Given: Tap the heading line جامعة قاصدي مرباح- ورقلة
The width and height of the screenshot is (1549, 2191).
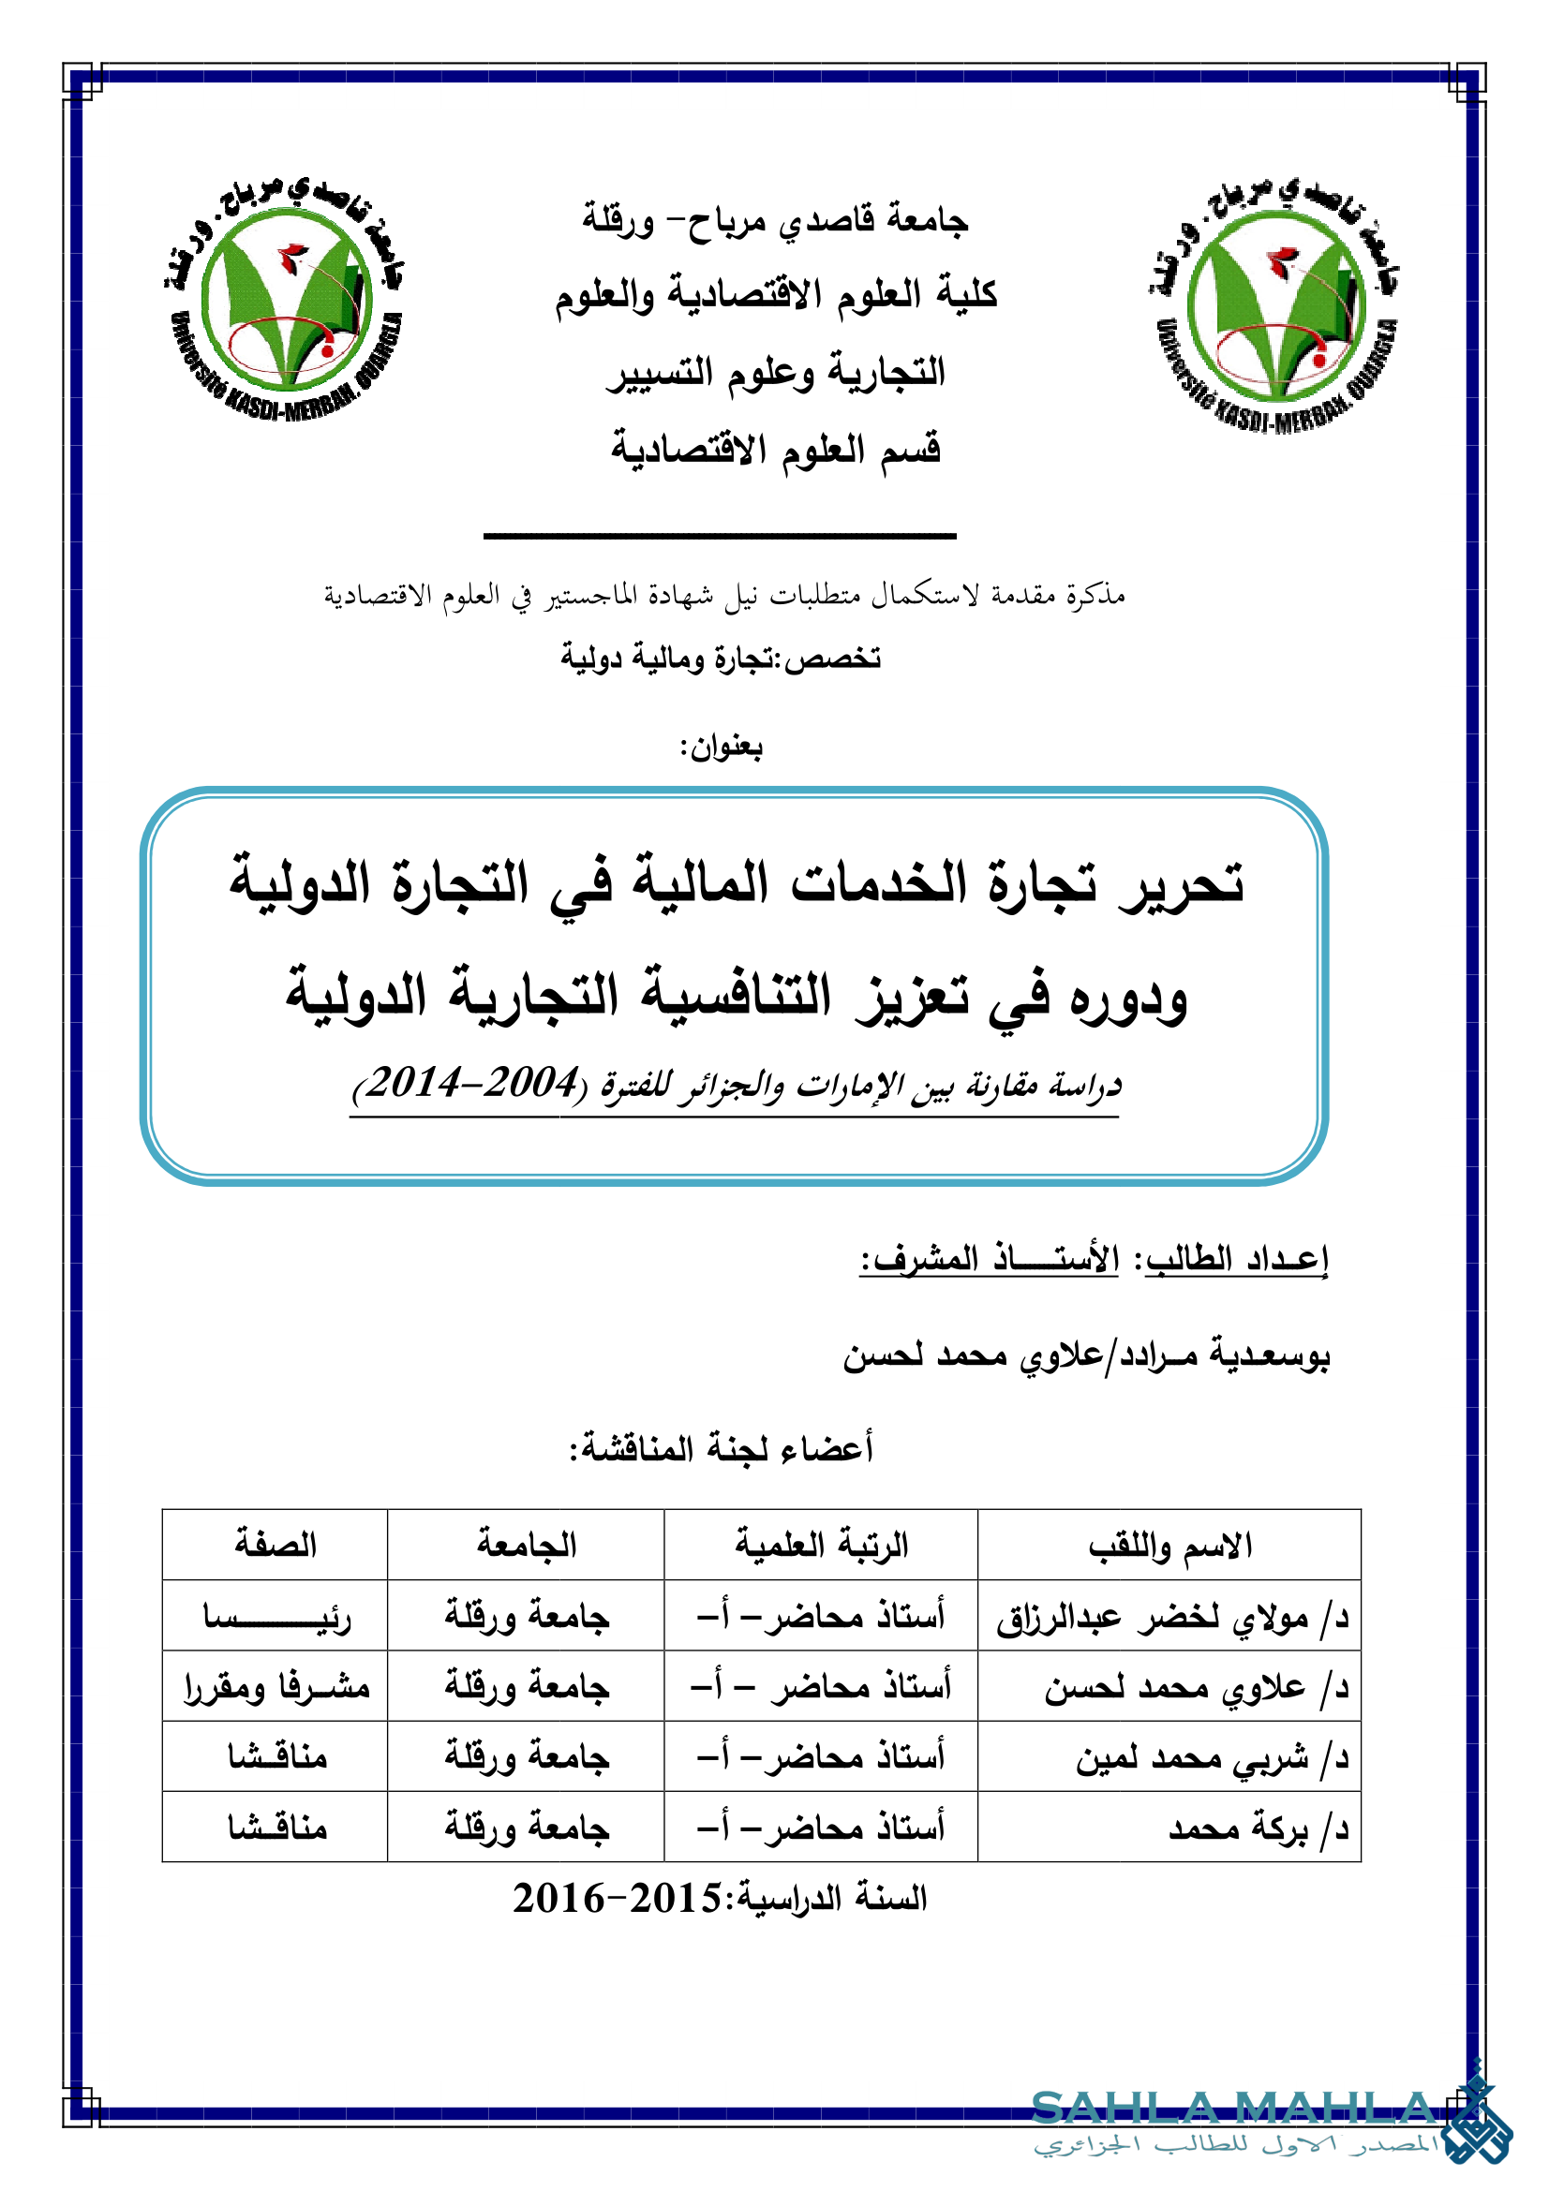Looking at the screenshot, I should [775, 221].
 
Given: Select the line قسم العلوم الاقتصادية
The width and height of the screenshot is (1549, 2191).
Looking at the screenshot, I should [775, 449].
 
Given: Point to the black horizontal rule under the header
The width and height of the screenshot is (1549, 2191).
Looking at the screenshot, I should [720, 537].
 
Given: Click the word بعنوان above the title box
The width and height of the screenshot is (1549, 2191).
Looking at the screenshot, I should [723, 748].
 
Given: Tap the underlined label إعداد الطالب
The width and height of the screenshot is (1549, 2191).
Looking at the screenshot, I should [1236, 1260].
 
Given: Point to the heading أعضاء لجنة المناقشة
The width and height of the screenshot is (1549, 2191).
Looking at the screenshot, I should [722, 1448].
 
